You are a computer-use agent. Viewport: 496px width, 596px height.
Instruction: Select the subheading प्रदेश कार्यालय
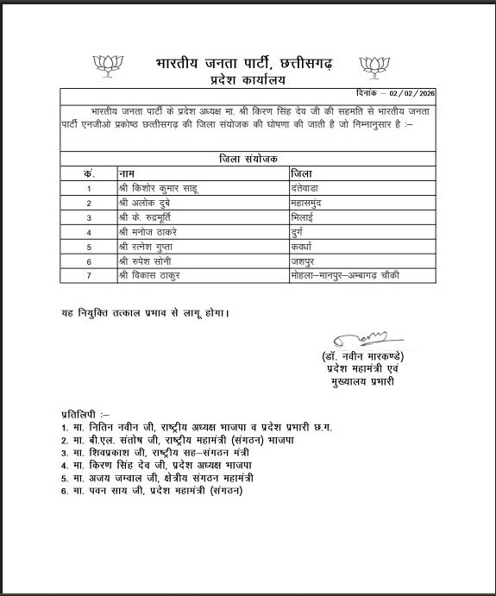pos(246,80)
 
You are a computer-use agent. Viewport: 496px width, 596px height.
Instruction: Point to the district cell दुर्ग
pos(299,231)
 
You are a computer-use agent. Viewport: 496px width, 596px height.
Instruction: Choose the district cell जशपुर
pos(306,260)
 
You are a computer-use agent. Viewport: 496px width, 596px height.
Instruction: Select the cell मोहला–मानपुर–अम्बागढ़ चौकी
pos(345,275)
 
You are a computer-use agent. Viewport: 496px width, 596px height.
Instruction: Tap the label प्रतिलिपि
pos(85,412)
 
